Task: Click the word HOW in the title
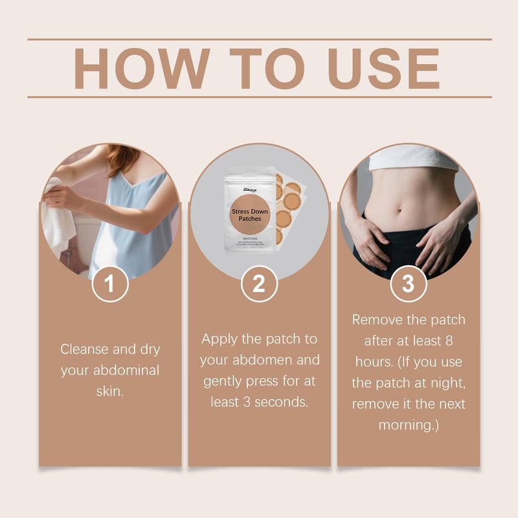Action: pos(142,68)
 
